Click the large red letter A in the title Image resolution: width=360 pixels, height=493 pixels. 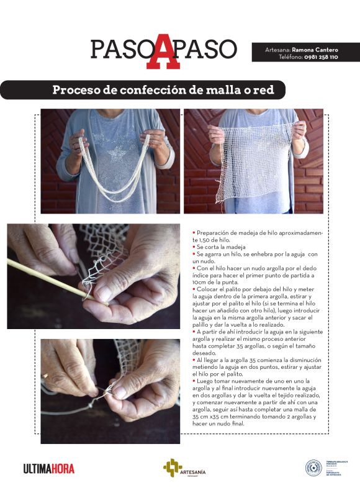tap(163, 50)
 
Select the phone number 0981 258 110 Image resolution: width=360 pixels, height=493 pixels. tap(321, 57)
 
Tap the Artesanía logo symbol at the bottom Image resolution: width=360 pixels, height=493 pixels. tap(172, 468)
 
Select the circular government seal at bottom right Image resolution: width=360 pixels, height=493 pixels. tap(313, 468)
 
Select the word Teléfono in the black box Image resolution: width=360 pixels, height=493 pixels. tap(290, 57)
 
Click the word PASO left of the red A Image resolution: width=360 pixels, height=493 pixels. tap(120, 49)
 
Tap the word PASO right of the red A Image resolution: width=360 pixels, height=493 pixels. tap(208, 49)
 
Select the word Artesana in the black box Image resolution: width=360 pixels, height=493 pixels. tap(277, 48)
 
